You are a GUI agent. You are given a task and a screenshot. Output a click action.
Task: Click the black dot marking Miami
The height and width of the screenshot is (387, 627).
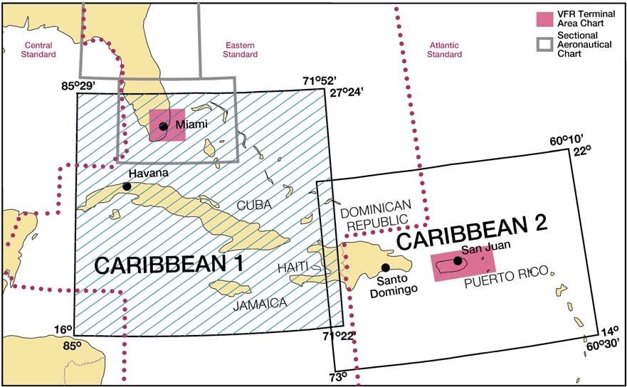point(163,127)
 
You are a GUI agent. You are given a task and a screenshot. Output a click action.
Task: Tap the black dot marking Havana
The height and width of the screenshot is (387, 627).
point(127,186)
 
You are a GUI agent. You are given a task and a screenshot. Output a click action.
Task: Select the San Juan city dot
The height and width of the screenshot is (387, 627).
point(458,260)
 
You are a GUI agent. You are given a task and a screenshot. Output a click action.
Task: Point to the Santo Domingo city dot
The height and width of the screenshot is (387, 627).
point(386,267)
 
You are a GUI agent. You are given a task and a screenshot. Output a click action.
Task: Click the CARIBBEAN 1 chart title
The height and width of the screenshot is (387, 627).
point(169,265)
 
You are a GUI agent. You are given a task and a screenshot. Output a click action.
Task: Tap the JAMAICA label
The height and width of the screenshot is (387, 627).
point(259,303)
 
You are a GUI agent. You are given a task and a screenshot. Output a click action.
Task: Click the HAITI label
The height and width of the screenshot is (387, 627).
point(293,266)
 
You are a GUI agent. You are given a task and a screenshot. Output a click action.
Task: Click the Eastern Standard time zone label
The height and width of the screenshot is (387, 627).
point(241,49)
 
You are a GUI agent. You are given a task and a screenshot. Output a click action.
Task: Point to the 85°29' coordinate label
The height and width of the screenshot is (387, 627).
point(78,87)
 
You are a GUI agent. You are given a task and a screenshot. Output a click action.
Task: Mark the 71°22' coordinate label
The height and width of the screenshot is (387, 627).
point(338,335)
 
